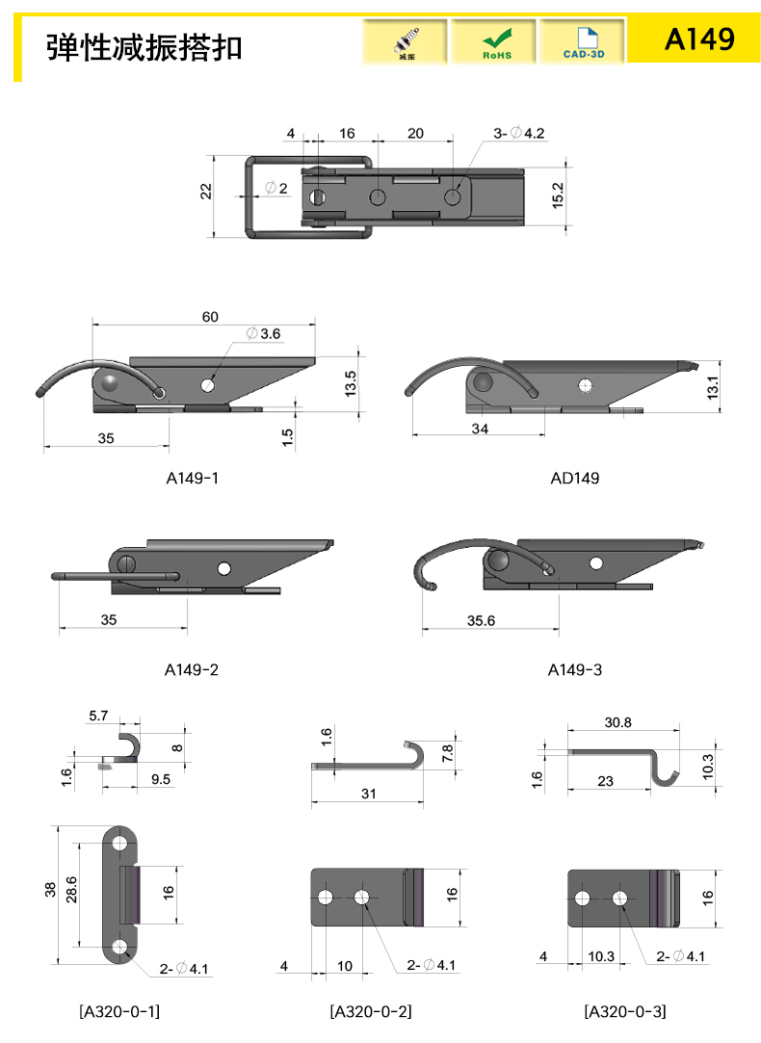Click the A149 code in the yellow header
(x=699, y=39)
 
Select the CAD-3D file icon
(x=583, y=41)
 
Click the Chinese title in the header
(x=144, y=47)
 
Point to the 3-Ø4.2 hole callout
(x=519, y=133)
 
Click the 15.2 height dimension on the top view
(x=558, y=196)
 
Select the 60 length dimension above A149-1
(x=210, y=317)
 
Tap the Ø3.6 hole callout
(x=263, y=333)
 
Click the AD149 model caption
(x=575, y=479)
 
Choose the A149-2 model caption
(x=192, y=670)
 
